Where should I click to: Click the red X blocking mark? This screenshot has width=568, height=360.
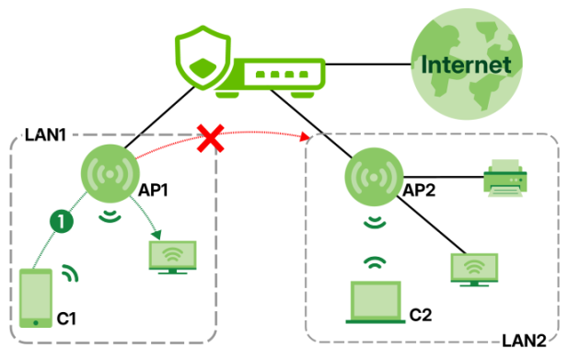[211, 138]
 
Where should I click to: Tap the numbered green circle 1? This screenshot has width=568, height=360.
[62, 221]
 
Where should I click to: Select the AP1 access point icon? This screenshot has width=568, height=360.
[110, 173]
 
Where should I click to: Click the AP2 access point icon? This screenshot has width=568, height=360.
[374, 177]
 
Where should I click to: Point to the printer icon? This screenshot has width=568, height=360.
[505, 178]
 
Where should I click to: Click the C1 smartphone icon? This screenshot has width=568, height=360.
[36, 298]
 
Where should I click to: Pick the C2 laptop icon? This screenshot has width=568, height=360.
[376, 302]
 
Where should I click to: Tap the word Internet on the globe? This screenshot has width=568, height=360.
[466, 64]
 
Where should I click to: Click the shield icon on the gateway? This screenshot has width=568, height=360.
[203, 57]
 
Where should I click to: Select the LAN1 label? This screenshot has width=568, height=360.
[46, 134]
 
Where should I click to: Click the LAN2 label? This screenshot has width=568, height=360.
[524, 341]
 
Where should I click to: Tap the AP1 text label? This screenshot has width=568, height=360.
[153, 190]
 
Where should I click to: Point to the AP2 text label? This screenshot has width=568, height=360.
[419, 190]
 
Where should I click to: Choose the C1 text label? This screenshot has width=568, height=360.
[66, 319]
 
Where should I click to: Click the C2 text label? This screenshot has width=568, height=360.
[421, 315]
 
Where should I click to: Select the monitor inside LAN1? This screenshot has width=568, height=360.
[173, 257]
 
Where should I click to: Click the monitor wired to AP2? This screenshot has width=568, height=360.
[474, 270]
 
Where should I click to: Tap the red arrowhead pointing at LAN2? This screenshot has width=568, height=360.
[306, 137]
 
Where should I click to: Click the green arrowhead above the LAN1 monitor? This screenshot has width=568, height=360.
[156, 235]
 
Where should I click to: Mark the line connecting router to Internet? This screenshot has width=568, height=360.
[367, 64]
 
